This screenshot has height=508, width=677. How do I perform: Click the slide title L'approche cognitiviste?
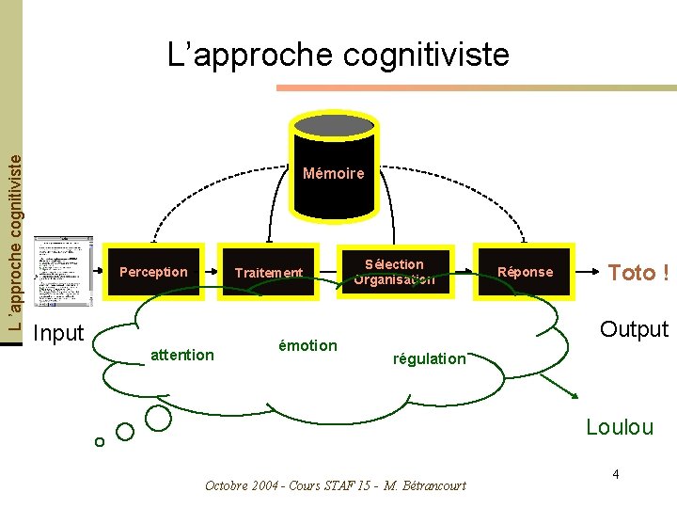[338, 55]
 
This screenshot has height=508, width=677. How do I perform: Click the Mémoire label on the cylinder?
[333, 173]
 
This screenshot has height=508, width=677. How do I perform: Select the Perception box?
[153, 272]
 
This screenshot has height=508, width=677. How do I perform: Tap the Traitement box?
[269, 273]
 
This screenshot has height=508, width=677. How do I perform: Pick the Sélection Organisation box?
[394, 272]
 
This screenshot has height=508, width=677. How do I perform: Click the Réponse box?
[525, 272]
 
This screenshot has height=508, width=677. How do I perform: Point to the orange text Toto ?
[638, 273]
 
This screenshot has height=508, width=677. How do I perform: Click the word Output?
[634, 329]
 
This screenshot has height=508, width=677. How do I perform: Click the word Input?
[58, 333]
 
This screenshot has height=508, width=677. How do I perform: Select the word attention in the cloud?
[182, 355]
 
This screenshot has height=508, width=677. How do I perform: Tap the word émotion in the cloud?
[307, 345]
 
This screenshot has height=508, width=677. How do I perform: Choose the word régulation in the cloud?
[430, 358]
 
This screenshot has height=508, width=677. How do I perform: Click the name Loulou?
[619, 427]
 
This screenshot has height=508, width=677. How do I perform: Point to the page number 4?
[615, 474]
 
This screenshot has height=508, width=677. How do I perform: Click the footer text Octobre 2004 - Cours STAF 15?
[335, 485]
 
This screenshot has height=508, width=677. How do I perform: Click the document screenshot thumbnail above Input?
[63, 272]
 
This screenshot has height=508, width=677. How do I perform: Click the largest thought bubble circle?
[158, 419]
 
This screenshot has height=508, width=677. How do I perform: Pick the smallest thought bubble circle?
[99, 441]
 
